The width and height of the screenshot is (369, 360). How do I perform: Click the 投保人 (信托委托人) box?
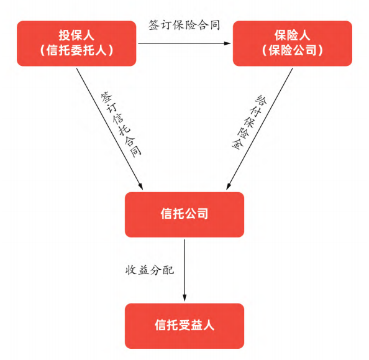[76, 44]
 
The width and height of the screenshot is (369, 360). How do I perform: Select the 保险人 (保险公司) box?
[293, 44]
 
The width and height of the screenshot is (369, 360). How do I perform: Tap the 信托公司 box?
[184, 215]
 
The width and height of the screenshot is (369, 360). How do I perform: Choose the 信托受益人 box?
[184, 326]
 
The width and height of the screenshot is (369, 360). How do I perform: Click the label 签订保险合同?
[184, 25]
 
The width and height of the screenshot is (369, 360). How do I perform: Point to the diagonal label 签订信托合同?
[121, 124]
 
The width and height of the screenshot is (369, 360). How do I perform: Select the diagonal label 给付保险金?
[250, 122]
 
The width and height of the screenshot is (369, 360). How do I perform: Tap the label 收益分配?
[150, 270]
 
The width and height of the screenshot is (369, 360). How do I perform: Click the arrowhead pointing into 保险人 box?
[227, 44]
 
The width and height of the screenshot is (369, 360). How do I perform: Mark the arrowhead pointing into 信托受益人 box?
[184, 298]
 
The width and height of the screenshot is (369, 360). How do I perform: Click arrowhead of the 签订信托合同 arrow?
[140, 186]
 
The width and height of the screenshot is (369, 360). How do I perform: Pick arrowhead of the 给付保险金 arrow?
[229, 186]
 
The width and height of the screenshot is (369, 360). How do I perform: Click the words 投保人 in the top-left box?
[76, 35]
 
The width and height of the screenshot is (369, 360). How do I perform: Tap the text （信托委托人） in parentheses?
[76, 50]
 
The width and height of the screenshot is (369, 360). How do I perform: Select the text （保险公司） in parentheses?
[293, 50]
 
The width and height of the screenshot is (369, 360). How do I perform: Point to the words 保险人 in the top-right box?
[293, 35]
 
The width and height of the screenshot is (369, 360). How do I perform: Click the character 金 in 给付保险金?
[237, 144]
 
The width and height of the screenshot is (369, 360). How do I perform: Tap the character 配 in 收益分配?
[168, 270]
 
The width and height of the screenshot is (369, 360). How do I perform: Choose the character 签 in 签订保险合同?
[154, 25]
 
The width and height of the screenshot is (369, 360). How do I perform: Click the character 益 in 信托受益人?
[196, 325]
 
